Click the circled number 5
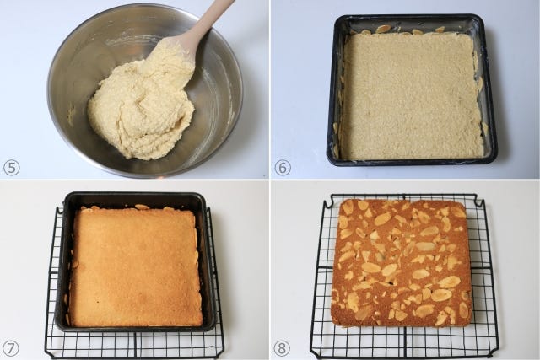(11, 168)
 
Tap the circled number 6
(283, 168)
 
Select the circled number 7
(10, 349)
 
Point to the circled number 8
(282, 349)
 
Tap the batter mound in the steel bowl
(141, 110)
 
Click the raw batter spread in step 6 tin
(413, 96)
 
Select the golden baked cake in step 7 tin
(136, 266)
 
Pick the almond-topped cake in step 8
(401, 263)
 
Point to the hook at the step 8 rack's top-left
(328, 201)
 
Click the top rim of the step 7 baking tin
(134, 196)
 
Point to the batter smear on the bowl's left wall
(71, 115)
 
